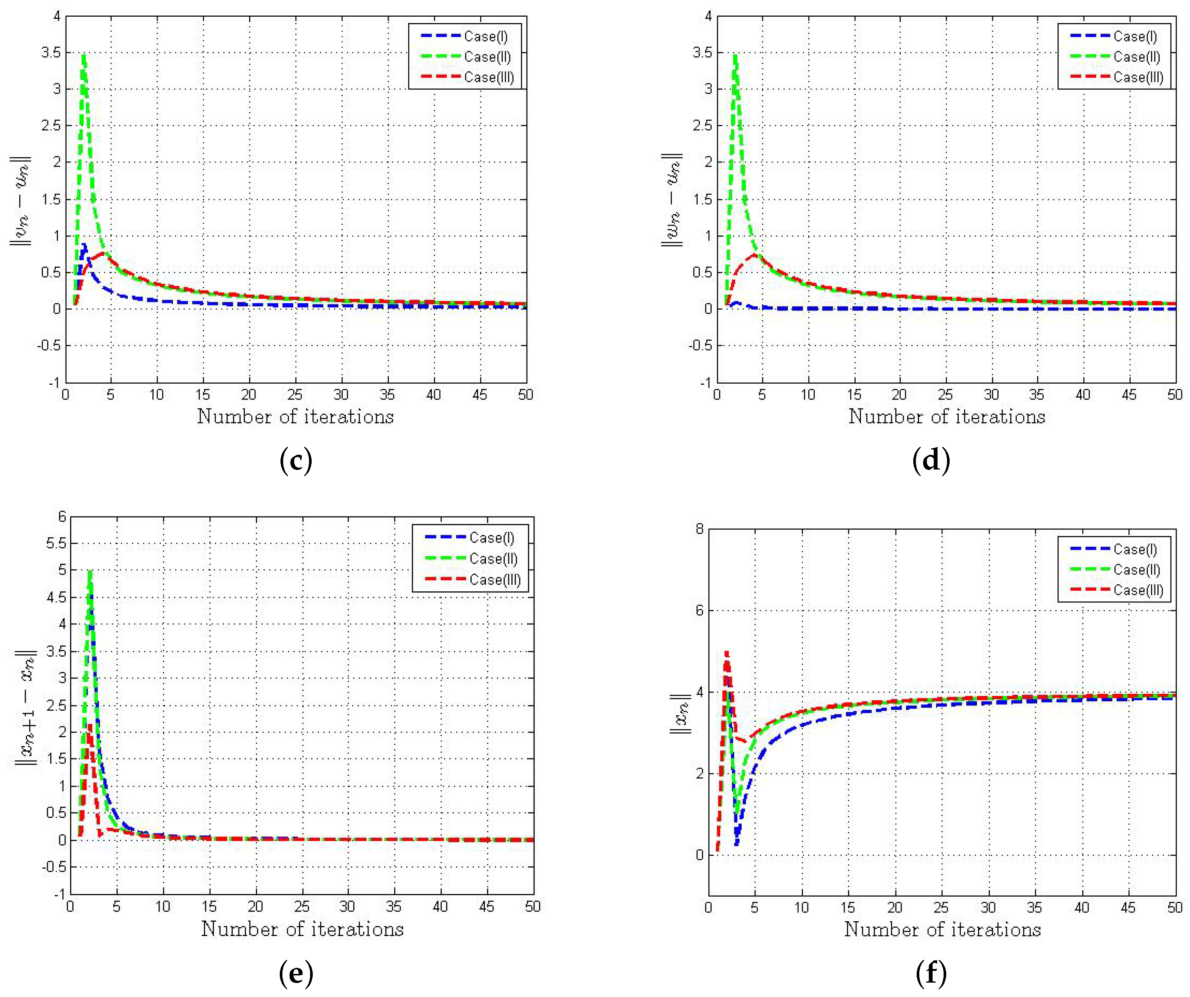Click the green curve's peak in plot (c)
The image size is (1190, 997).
point(84,55)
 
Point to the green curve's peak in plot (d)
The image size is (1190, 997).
point(735,55)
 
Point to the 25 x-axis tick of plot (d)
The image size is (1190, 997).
point(945,395)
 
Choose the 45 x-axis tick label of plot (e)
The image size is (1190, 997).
point(486,907)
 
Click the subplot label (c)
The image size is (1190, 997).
point(296,460)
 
